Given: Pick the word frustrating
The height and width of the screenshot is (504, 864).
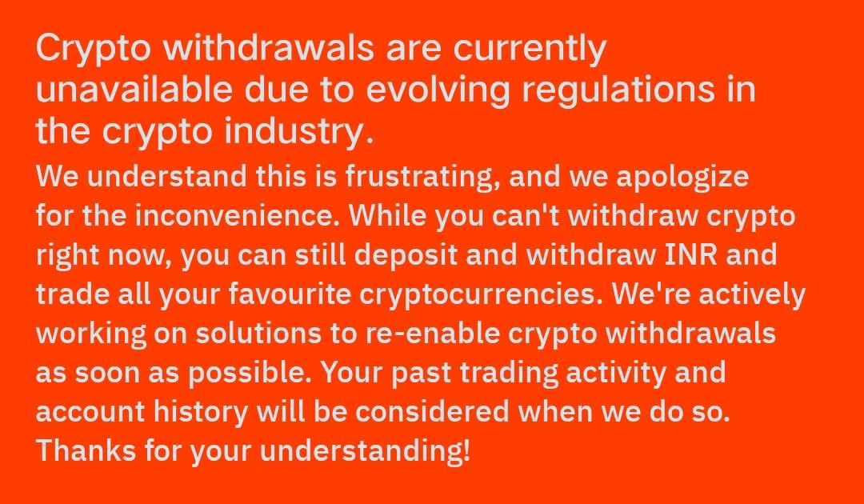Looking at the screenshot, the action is point(422,178).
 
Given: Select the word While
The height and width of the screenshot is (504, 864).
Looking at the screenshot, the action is point(388,215).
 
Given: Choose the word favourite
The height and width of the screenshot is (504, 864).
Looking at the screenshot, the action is point(290,294).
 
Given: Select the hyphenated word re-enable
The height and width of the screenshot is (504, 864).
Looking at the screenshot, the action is point(433,334).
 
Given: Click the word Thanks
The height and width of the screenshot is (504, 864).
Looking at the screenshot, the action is point(86,451).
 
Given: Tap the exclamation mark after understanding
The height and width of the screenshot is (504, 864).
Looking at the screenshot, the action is point(467,451).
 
